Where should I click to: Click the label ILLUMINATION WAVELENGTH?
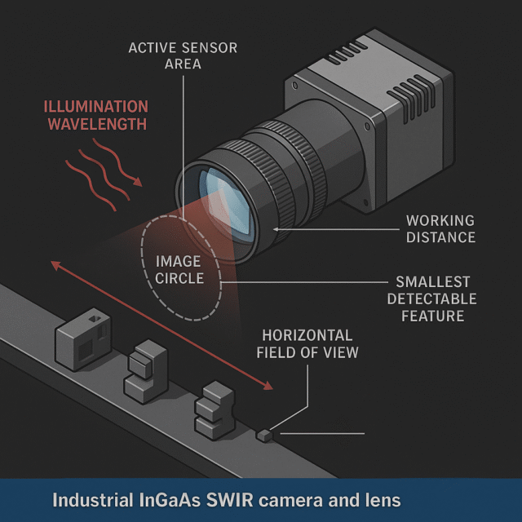96,115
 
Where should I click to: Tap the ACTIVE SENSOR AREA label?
183,55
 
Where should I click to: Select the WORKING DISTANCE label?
440,229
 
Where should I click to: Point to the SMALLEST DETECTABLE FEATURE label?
431,299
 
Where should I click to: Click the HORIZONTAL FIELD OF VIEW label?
307,344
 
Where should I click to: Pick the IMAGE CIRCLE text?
179,270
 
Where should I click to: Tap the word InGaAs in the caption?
170,500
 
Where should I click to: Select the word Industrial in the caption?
93,500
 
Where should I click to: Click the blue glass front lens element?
228,202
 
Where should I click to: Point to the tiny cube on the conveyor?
264,436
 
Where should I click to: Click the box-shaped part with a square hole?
83,339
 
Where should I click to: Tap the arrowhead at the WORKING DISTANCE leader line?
276,229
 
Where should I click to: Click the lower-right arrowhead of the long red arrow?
269,386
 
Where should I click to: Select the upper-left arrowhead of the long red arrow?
55,264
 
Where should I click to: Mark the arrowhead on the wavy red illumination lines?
138,182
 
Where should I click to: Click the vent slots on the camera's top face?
347,52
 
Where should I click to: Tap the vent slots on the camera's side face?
412,99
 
